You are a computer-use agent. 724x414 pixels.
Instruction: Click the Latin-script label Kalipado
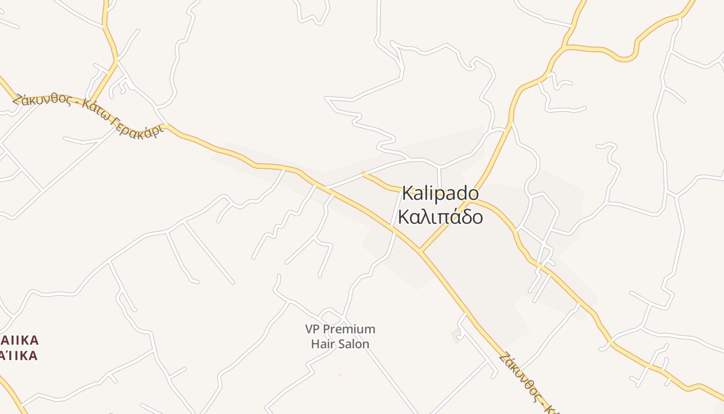pos(440,194)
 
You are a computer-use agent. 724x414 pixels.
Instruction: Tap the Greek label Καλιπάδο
pos(440,217)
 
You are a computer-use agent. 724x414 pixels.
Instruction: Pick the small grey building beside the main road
pos(456,335)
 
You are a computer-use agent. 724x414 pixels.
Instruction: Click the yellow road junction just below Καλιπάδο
pos(421,252)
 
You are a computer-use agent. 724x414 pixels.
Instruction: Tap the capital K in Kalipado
pos(408,194)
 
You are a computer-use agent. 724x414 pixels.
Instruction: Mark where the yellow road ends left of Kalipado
pos(364,175)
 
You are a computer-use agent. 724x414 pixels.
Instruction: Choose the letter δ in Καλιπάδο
pos(464,217)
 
